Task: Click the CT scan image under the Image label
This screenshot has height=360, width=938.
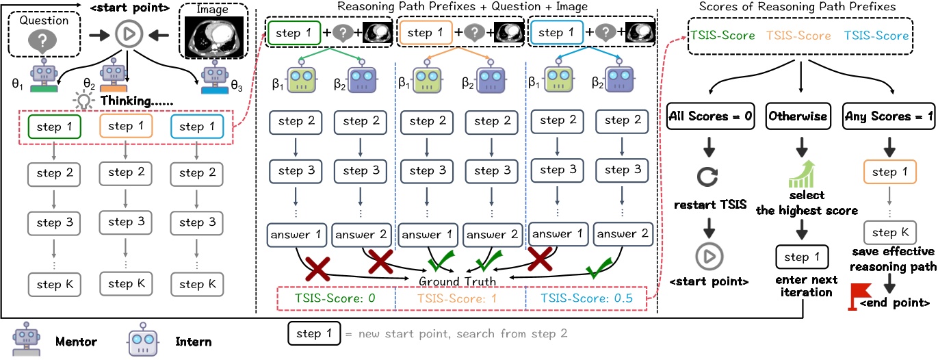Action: [x=214, y=37]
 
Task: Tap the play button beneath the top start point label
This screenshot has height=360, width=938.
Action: [x=129, y=34]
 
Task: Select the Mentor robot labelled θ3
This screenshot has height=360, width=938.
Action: [x=215, y=77]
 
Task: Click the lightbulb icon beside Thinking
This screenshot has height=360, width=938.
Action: [x=83, y=101]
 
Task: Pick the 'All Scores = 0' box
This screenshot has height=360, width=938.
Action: [x=710, y=116]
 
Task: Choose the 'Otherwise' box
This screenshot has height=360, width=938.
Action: [x=798, y=116]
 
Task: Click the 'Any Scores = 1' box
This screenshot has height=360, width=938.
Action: [x=889, y=116]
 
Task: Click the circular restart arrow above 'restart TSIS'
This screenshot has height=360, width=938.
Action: [x=707, y=177]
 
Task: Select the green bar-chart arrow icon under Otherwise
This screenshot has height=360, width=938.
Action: [x=802, y=174]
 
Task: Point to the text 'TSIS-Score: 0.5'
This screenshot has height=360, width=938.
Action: [x=586, y=298]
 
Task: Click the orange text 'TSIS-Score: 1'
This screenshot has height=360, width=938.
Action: [x=457, y=299]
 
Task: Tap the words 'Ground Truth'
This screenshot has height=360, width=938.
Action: [x=457, y=281]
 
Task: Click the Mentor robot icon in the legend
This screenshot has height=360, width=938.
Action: [x=27, y=339]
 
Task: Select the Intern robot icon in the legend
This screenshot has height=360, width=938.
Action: [x=143, y=339]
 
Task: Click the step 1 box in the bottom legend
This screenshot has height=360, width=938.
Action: [x=314, y=333]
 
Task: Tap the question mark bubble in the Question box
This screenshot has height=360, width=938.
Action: [x=42, y=42]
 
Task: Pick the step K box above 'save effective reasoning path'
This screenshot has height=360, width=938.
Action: [x=890, y=233]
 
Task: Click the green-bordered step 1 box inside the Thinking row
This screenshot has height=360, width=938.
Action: [x=55, y=127]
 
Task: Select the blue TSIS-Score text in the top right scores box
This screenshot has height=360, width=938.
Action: [x=876, y=36]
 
